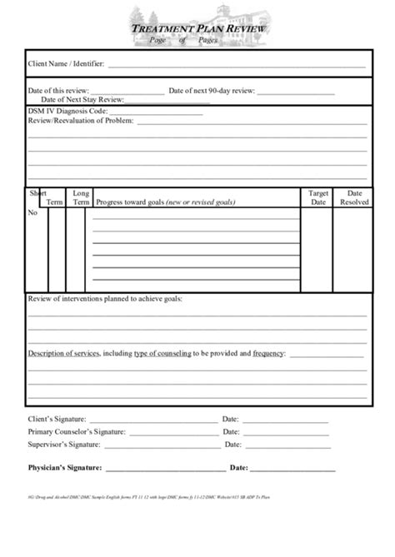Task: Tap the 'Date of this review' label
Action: [57, 90]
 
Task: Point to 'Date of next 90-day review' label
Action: [212, 90]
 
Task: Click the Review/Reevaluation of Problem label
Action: [80, 121]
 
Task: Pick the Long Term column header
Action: [81, 196]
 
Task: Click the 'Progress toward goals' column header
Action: [165, 202]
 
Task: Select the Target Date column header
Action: [318, 196]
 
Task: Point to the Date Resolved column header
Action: [354, 196]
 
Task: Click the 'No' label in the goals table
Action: [33, 213]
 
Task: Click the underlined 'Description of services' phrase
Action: [64, 353]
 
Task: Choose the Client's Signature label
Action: [57, 419]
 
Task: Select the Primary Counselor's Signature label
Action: [77, 432]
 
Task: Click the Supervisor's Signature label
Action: [63, 445]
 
